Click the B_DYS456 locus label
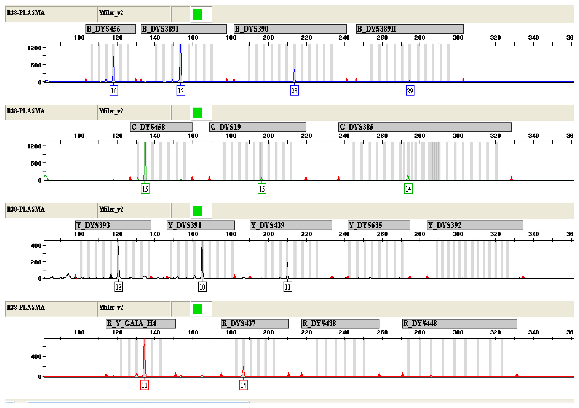coord(111,29)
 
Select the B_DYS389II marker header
coord(410,29)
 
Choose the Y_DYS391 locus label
coord(201,225)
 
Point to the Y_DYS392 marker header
coord(475,225)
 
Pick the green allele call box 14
coord(408,189)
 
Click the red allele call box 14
coord(243,385)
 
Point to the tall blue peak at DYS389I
coord(180,63)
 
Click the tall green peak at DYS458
coord(145,161)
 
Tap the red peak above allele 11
coord(144,358)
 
